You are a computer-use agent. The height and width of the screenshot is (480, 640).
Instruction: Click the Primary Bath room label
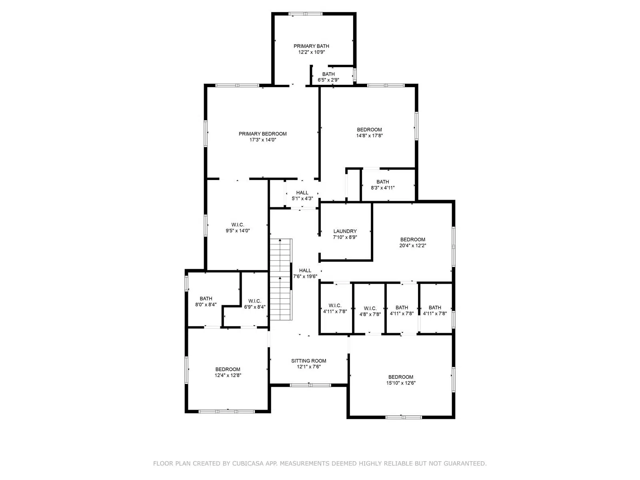(x=311, y=46)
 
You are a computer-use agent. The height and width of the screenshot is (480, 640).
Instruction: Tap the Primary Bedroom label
(x=262, y=134)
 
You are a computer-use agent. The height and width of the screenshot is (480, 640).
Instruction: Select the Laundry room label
(x=345, y=231)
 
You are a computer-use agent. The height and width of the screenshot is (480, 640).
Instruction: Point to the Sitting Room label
(x=308, y=360)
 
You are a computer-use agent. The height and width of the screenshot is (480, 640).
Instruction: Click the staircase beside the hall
(x=280, y=279)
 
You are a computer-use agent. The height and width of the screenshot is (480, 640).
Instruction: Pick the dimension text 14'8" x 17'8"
(x=369, y=136)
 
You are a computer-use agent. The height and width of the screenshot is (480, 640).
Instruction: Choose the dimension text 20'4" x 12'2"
(x=412, y=245)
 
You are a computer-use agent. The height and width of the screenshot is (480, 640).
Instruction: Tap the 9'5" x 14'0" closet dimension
(x=238, y=230)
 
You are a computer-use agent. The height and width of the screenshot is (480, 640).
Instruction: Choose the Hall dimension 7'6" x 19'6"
(x=305, y=276)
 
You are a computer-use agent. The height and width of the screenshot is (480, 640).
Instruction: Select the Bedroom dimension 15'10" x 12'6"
(x=401, y=383)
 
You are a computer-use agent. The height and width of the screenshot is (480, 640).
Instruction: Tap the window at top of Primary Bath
(x=305, y=14)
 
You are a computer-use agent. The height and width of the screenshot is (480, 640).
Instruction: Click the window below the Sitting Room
(x=310, y=385)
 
